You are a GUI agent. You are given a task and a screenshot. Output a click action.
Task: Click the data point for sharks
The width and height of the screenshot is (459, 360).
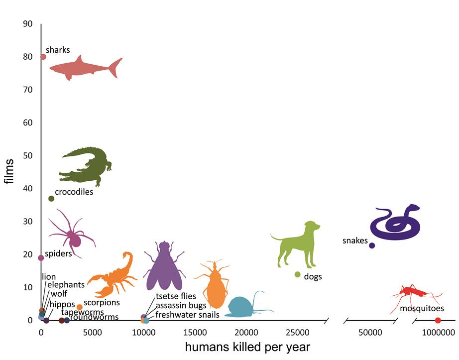click(x=43, y=57)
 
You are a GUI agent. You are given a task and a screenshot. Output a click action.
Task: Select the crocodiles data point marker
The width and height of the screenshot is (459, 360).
click(x=51, y=199)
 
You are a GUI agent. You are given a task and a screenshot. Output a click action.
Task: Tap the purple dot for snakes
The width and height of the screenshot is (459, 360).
click(x=372, y=245)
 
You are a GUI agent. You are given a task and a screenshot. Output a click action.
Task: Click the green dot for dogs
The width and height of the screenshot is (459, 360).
click(x=298, y=274)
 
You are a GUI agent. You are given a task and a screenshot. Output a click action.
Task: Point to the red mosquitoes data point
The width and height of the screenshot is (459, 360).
click(x=438, y=320)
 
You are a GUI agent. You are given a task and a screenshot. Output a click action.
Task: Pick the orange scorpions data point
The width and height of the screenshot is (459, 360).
click(x=80, y=307)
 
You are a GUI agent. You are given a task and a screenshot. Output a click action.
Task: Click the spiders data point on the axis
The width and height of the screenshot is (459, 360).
click(x=41, y=258)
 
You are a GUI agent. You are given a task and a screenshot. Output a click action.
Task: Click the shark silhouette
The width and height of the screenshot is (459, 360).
click(x=85, y=68)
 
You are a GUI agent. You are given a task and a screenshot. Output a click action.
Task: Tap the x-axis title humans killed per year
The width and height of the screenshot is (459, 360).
click(x=247, y=348)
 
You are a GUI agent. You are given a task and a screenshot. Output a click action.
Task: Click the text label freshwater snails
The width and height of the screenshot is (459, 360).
click(x=187, y=315)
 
